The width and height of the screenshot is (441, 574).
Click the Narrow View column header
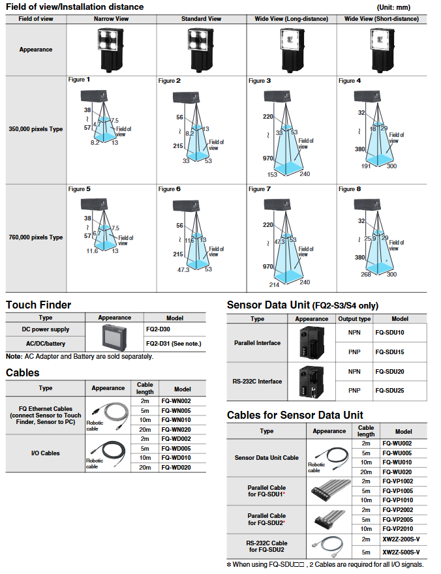tap(112, 19)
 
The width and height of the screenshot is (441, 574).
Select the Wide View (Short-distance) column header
tap(382, 19)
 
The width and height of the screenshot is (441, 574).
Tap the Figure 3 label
tap(256, 81)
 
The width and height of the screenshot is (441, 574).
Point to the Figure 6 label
tap(166, 189)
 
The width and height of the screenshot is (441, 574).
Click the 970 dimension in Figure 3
tap(268, 158)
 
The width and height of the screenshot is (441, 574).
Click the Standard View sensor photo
tap(202, 49)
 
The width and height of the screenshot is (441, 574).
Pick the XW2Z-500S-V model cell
tap(401, 552)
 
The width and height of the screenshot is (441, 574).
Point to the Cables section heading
tap(23, 372)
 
